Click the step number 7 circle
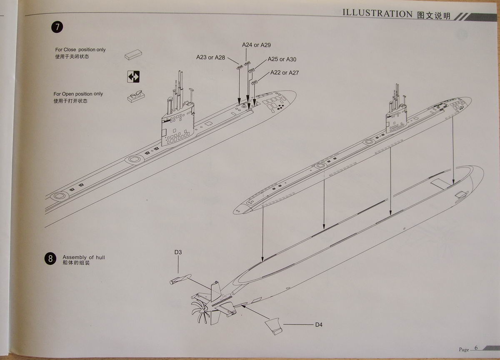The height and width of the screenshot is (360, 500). click(x=57, y=27)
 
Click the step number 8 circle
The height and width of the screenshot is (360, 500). click(x=50, y=259)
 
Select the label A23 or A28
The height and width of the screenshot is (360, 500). click(x=210, y=57)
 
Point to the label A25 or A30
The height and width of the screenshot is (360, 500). click(x=282, y=60)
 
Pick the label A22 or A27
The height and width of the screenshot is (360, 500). click(x=285, y=72)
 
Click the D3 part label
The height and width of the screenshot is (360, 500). click(x=178, y=252)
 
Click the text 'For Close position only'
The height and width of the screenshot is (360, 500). click(x=80, y=50)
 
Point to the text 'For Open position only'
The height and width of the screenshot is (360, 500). click(x=78, y=94)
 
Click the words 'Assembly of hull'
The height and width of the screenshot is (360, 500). click(x=84, y=257)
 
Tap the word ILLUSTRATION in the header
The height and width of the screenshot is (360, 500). click(x=377, y=13)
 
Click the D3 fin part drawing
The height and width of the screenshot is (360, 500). click(x=180, y=280)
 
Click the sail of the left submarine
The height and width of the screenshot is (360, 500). click(x=178, y=125)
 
